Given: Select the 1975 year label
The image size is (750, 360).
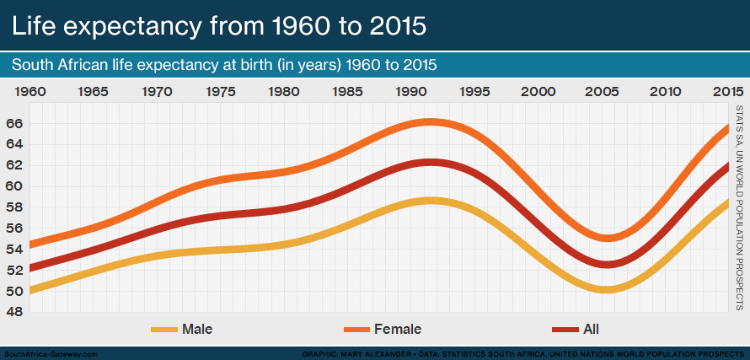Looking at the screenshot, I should (x=221, y=91).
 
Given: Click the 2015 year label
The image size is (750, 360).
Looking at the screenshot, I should (x=727, y=91).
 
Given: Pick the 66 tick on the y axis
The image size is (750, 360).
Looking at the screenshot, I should (x=15, y=123).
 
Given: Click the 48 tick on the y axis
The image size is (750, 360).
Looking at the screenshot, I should (x=15, y=312).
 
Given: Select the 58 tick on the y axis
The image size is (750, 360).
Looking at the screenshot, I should (x=15, y=207).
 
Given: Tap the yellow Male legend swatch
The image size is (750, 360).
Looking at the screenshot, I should (x=164, y=329).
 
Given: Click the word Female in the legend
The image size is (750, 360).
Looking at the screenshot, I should (x=398, y=329).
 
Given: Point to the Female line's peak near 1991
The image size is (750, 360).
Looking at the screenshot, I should (x=431, y=122).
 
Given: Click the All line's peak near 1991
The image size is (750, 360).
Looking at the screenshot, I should (x=431, y=162).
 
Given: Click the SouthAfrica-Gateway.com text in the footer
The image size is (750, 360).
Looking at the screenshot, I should (x=51, y=354).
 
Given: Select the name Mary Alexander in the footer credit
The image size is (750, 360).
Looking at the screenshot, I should (x=381, y=354).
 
